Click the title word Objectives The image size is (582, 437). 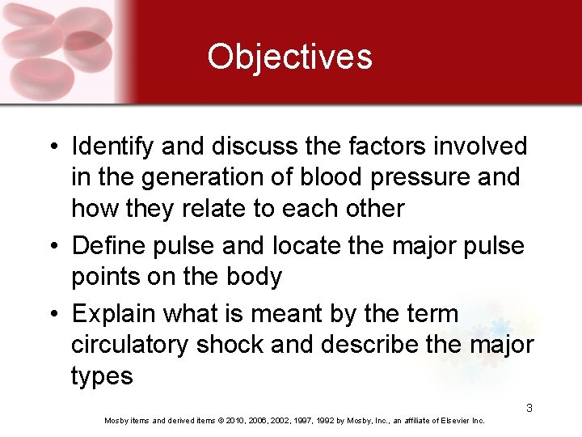pos(289,57)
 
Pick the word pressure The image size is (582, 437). pos(429,177)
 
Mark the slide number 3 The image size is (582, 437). pos(529,408)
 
